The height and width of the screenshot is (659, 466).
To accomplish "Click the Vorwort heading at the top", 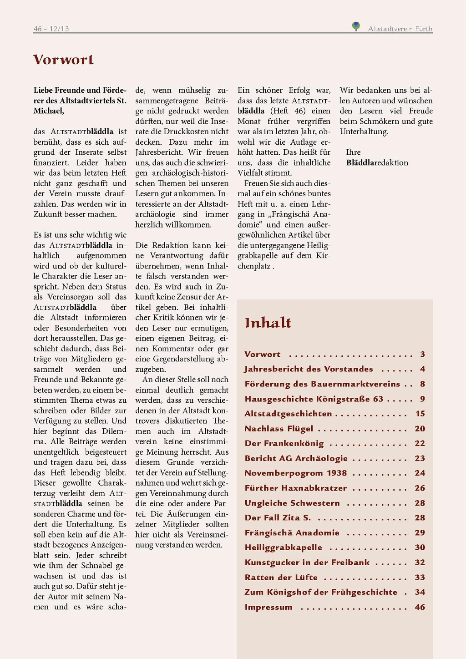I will pos(63,60).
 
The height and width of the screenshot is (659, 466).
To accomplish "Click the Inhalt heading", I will pos(268,323).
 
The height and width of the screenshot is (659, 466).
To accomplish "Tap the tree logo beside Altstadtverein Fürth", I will pos(356,26).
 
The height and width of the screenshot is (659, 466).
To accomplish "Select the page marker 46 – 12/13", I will pos(51,29).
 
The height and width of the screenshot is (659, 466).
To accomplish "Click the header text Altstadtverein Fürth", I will pos(400,29).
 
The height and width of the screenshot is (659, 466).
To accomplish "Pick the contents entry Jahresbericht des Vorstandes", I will pos(309,369).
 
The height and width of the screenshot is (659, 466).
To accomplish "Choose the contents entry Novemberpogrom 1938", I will pos(296,473).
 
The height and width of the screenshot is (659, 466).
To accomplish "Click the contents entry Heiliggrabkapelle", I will pos(283,547).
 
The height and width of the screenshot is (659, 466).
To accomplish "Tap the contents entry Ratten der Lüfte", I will pos(281,578).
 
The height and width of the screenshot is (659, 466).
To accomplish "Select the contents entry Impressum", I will pos(268,607).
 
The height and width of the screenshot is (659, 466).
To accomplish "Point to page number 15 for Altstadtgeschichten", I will pos(420,414).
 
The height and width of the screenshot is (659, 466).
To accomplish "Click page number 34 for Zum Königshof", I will pos(420,592).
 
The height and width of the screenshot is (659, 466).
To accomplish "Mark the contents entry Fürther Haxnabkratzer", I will pos(296,488).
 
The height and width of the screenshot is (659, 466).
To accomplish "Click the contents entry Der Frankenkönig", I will pos(284,443).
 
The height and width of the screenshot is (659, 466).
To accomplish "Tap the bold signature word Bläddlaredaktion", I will pos(377,163).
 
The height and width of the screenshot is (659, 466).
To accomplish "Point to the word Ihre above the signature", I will pos(353,152).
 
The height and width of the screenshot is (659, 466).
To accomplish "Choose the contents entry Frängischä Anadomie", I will pos(292,533).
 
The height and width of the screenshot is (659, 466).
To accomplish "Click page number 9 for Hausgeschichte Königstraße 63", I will pos(422,399).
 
